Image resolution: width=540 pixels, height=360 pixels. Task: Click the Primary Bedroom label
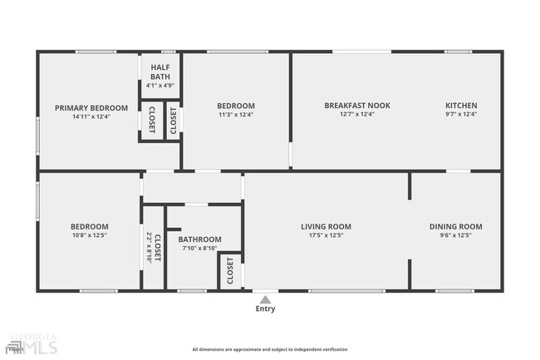[x=91, y=108]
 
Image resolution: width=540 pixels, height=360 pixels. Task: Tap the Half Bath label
[x=160, y=72]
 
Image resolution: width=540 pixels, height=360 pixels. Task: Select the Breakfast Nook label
[x=357, y=106]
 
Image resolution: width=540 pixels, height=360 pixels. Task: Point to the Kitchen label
[x=461, y=106]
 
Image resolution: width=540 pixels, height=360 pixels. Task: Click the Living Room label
[x=326, y=226]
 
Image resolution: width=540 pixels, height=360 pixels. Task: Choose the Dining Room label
[x=455, y=226]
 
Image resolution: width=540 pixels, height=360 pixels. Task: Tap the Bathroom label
[x=200, y=239]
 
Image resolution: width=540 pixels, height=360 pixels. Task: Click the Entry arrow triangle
[x=265, y=299]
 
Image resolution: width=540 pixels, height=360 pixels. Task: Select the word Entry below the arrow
[x=265, y=309]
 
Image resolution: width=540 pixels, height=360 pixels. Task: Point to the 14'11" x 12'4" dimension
[x=91, y=117]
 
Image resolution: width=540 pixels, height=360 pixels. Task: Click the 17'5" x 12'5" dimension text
[x=326, y=235]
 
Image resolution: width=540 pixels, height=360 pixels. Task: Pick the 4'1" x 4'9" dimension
[x=160, y=86]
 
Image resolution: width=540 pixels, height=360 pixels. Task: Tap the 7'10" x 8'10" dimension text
[x=199, y=248]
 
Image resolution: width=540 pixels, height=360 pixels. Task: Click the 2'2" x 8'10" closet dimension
[x=149, y=248]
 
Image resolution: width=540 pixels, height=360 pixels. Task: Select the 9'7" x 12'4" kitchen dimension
[x=461, y=115]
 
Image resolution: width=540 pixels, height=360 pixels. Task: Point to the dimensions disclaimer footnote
[x=270, y=349]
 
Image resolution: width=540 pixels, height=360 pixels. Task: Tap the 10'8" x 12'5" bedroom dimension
[x=89, y=235]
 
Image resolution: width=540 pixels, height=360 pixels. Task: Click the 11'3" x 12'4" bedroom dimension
[x=236, y=115]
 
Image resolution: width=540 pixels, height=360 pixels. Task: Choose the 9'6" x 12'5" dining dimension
[x=455, y=235]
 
